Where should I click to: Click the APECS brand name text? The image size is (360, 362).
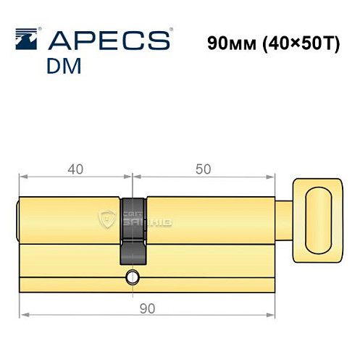click(114, 40)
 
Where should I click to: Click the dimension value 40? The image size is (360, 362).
click(75, 169)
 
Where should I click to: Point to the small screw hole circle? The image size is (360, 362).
click(132, 276)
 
